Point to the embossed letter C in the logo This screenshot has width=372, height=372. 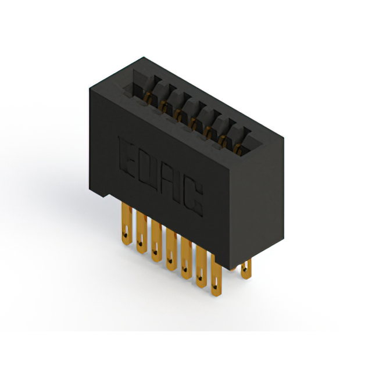(194, 197)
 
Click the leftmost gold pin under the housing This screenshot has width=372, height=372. (127, 223)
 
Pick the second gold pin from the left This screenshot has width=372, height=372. (141, 233)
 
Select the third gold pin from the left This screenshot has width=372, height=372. (156, 241)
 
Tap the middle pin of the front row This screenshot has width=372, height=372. (171, 249)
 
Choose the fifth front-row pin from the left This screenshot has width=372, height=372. (186, 258)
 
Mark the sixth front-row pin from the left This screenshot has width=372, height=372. (201, 267)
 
